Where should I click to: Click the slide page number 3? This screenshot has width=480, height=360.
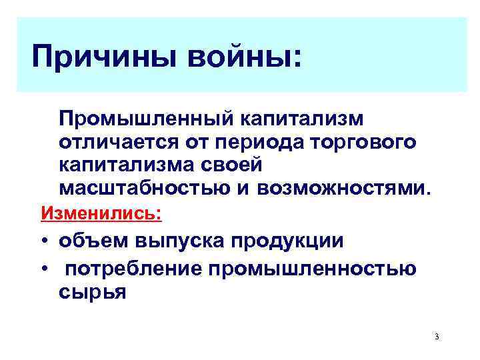click(x=435, y=335)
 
